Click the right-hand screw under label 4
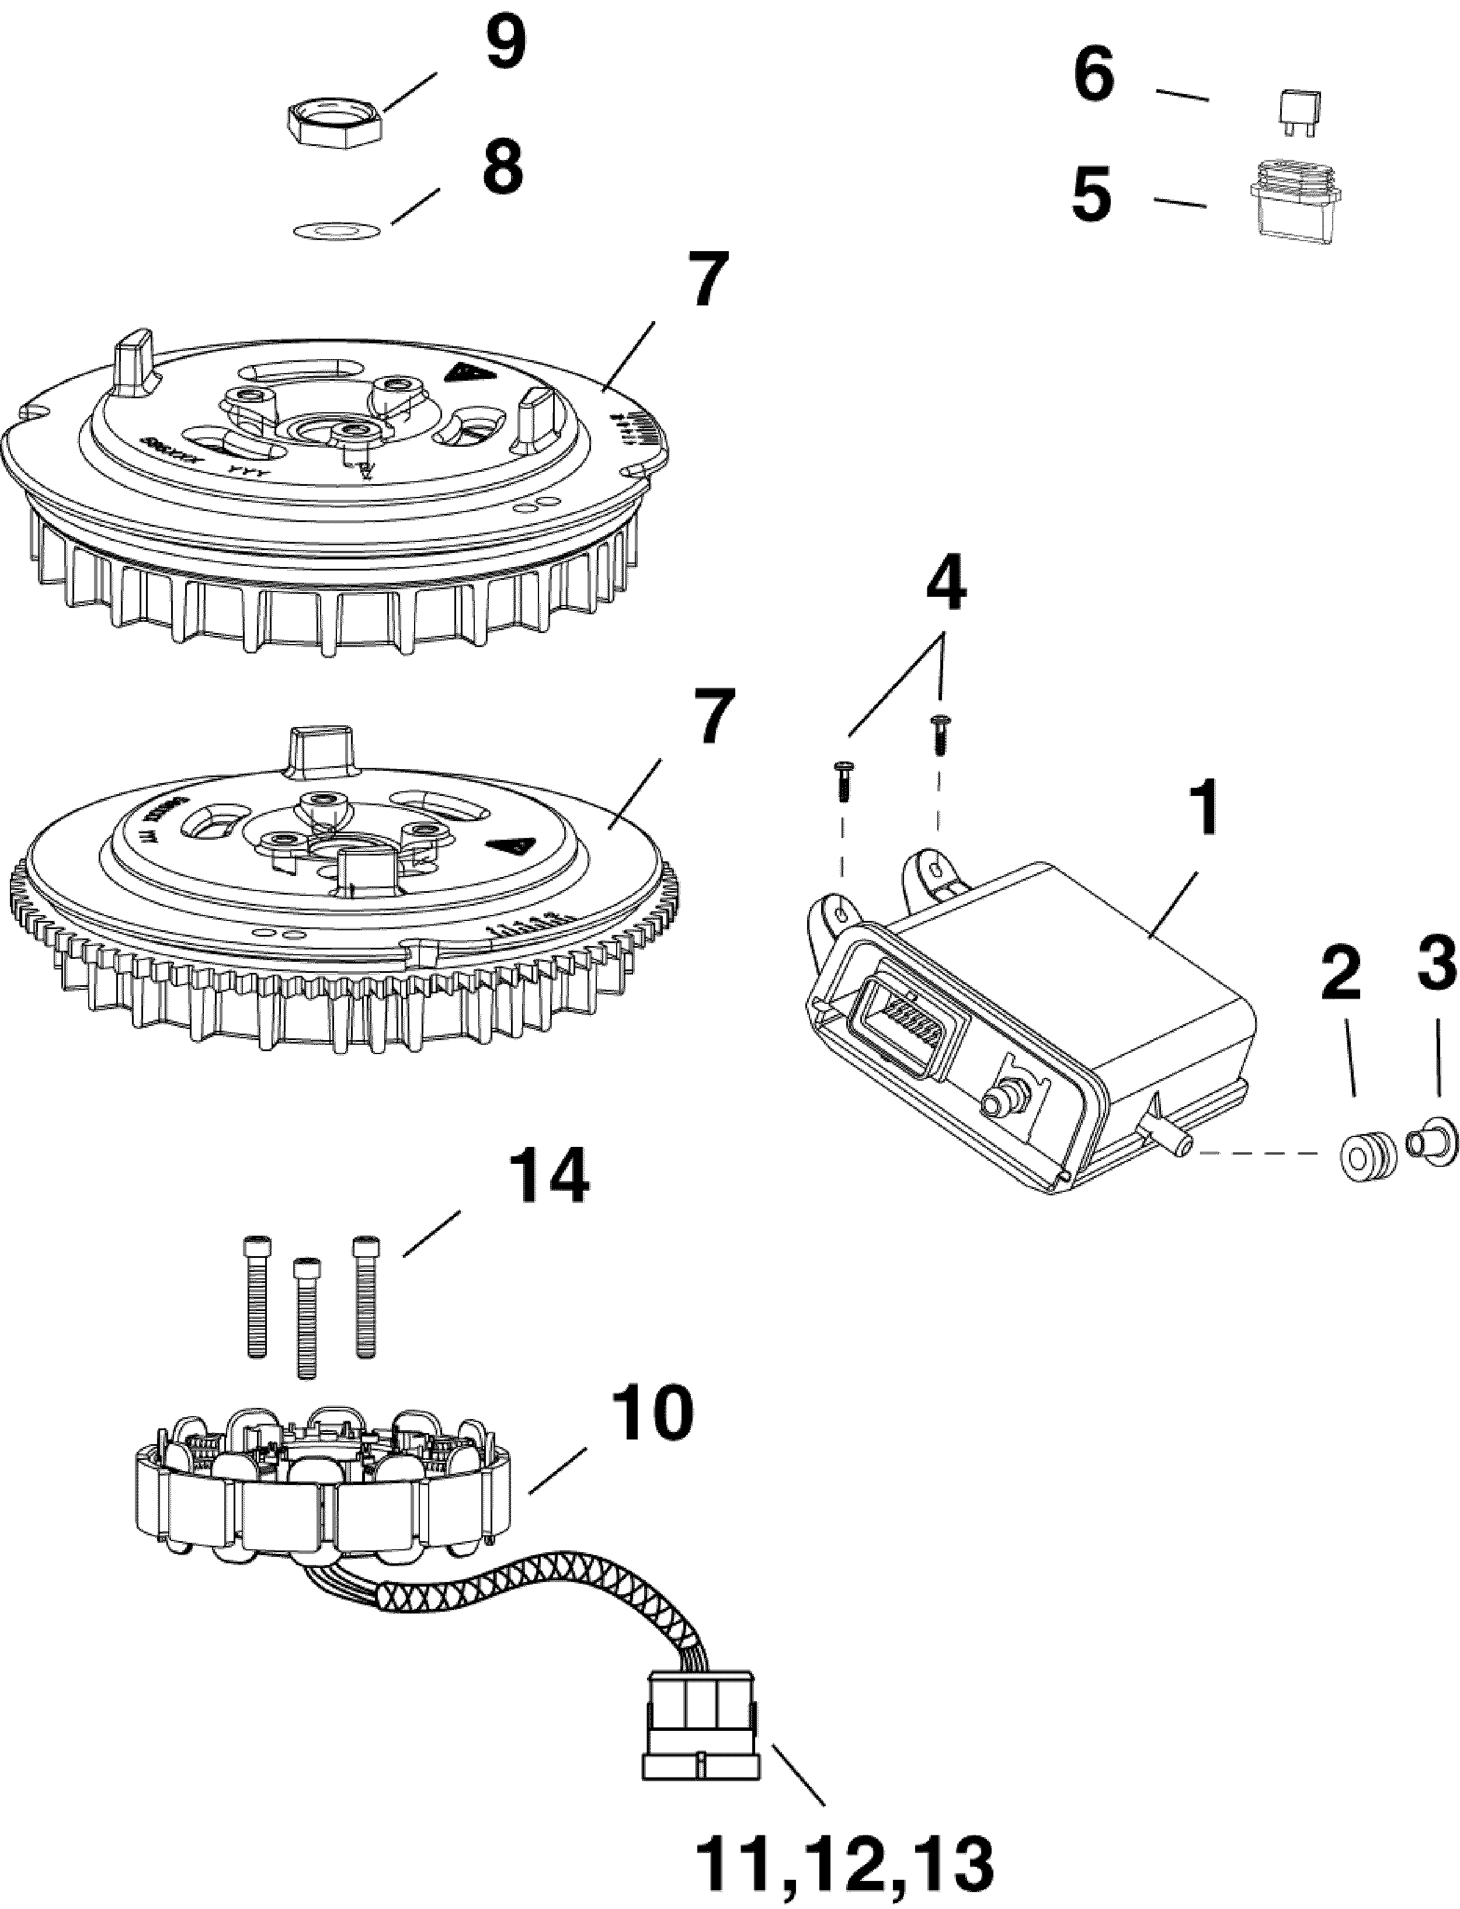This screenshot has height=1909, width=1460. coord(938,734)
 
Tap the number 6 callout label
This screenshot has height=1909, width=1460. coord(1093,77)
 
